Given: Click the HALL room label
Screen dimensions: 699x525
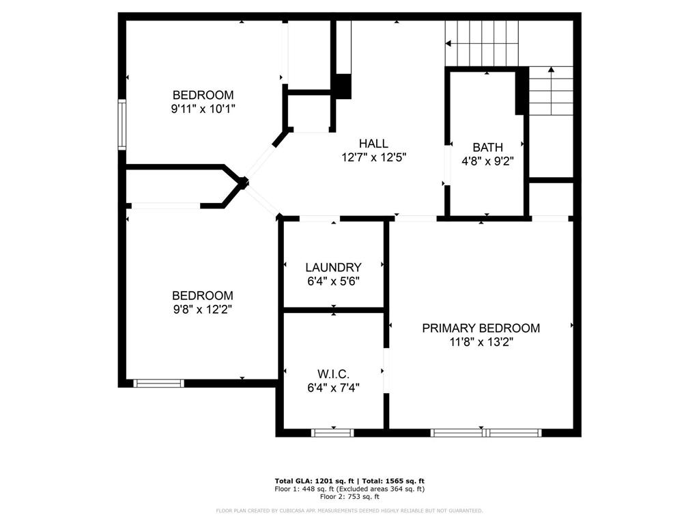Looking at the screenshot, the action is tap(373, 144).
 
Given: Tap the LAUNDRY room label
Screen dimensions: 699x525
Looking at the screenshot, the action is tap(333, 267).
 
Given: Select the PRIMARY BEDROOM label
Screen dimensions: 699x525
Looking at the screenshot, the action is tap(481, 328).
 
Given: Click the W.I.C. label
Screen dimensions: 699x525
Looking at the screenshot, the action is tap(333, 374).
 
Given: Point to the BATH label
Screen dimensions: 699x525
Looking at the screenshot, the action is tap(487, 148).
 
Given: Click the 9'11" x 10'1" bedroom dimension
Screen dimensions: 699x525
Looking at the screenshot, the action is tap(203, 109).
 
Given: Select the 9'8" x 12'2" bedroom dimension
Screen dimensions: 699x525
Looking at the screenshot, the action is tap(203, 309).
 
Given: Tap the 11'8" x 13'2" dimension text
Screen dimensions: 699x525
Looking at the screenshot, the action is tap(481, 342).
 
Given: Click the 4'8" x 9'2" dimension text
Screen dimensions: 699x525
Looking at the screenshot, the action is tap(487, 161).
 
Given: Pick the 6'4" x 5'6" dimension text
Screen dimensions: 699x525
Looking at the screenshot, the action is tap(333, 281).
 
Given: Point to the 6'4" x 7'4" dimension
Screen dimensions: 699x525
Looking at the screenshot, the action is tap(333, 388).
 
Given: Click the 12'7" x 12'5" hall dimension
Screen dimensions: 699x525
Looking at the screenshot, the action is tap(374, 157).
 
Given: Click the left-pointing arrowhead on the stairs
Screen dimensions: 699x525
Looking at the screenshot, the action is tap(448, 43).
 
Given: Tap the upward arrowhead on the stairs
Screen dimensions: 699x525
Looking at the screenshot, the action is tap(551, 69).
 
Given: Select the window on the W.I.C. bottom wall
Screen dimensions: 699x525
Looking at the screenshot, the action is tap(332, 433).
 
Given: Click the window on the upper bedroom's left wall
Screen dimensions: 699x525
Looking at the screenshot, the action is tap(122, 124).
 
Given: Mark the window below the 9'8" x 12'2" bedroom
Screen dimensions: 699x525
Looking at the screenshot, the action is tap(158, 383).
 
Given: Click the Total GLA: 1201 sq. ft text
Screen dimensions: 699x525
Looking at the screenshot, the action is tap(314, 481).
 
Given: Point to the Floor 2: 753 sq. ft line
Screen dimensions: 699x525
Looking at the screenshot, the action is tap(349, 496).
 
